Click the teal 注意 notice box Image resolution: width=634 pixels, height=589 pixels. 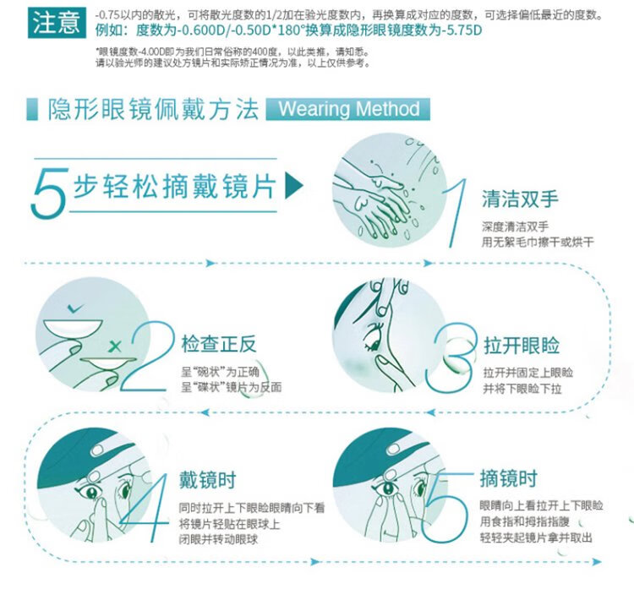pyautogui.click(x=57, y=23)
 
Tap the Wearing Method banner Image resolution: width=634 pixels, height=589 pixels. pyautogui.click(x=347, y=109)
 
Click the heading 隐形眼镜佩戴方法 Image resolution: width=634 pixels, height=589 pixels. pyautogui.click(x=154, y=109)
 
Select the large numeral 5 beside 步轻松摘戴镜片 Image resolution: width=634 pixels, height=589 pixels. pyautogui.click(x=47, y=194)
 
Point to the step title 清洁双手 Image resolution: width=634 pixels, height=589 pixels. pyautogui.click(x=520, y=199)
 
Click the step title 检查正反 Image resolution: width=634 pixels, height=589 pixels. pyautogui.click(x=219, y=345)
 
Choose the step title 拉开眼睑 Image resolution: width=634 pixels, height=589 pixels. pyautogui.click(x=522, y=346)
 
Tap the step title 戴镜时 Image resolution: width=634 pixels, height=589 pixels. pyautogui.click(x=207, y=480)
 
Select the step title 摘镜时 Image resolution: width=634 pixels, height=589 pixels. pyautogui.click(x=509, y=478)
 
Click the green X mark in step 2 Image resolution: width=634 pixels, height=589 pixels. pyautogui.click(x=115, y=346)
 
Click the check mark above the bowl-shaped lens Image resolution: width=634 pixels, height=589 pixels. pyautogui.click(x=75, y=308)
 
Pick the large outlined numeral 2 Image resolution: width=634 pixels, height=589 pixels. pyautogui.click(x=148, y=357)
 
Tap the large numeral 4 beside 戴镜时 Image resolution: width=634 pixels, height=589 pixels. pyautogui.click(x=145, y=507)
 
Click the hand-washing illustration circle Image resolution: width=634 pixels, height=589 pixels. pyautogui.click(x=391, y=189)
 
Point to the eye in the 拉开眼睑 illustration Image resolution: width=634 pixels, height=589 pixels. pyautogui.click(x=374, y=337)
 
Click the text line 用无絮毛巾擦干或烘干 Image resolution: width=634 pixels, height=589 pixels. pyautogui.click(x=538, y=243)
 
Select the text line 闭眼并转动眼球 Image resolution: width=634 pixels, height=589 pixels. pyautogui.click(x=219, y=540)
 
